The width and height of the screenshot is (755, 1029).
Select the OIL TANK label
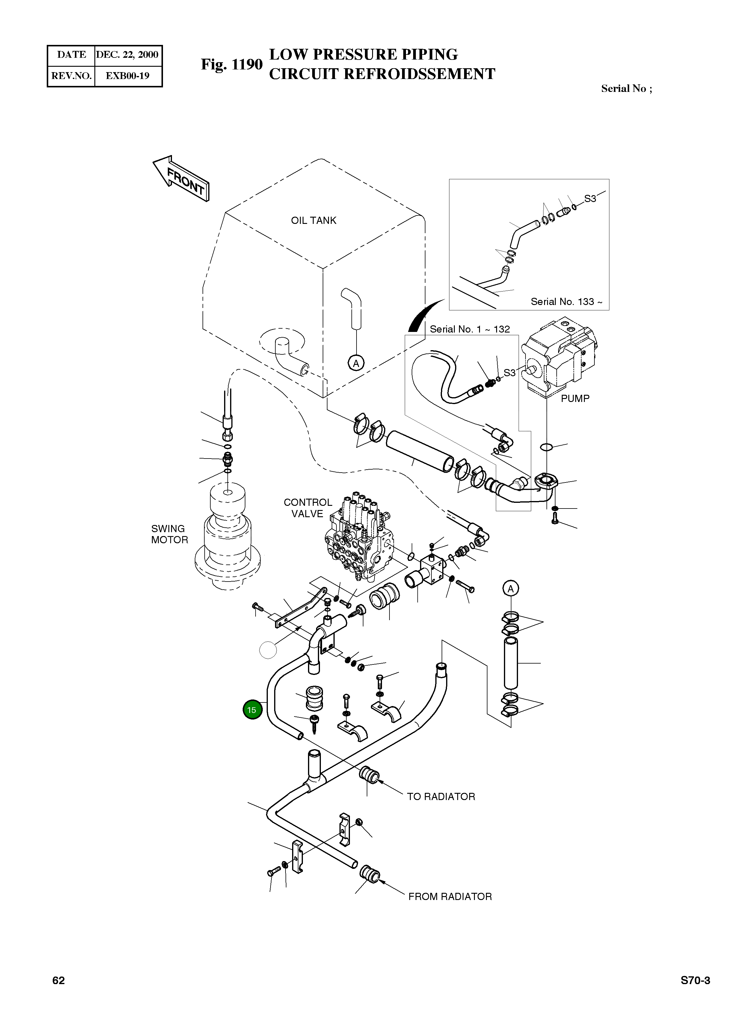click(x=313, y=221)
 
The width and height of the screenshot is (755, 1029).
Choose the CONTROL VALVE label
click(x=308, y=508)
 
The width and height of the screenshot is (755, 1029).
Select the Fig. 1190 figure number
click(x=232, y=64)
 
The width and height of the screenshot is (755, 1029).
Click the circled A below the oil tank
click(x=356, y=363)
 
